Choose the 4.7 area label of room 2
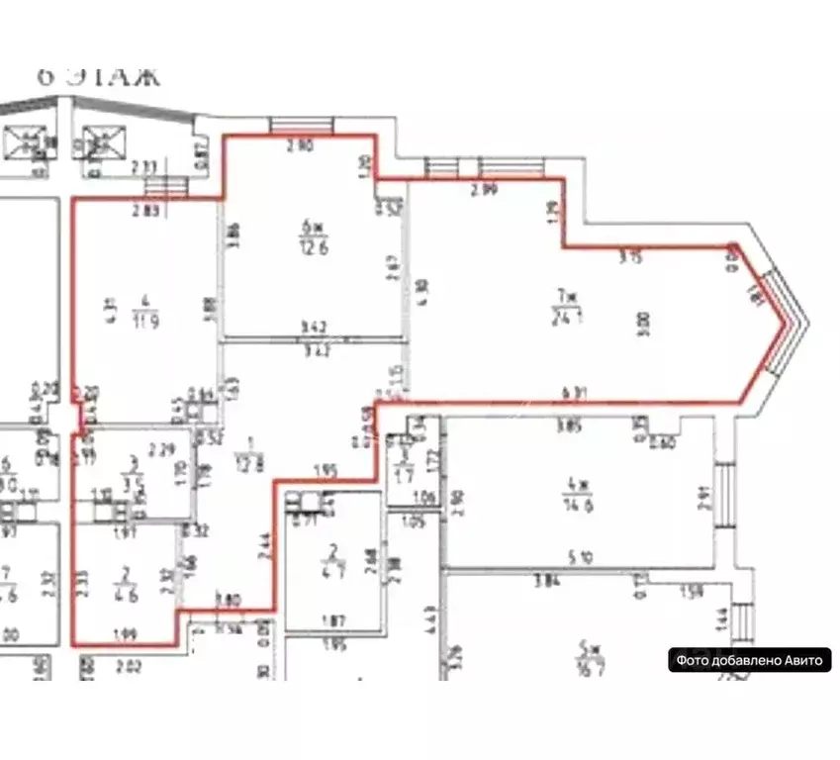click(334, 569)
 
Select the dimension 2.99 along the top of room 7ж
click(484, 190)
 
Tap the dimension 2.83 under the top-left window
click(149, 210)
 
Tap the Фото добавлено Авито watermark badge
click(749, 661)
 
